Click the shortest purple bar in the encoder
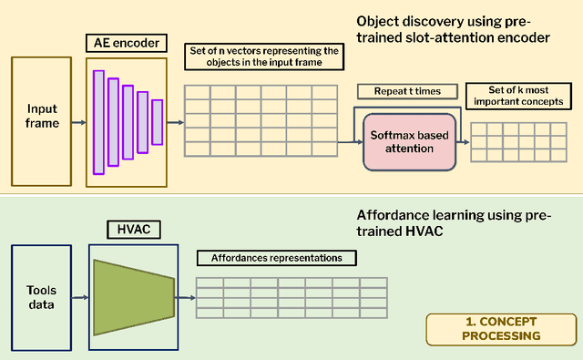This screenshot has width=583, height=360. click(157, 121)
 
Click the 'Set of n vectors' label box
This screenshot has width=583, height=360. click(264, 57)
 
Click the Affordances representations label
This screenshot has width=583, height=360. click(276, 258)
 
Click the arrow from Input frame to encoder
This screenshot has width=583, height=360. click(79, 121)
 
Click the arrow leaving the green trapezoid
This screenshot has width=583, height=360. click(185, 295)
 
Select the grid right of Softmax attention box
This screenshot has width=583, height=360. click(510, 141)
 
